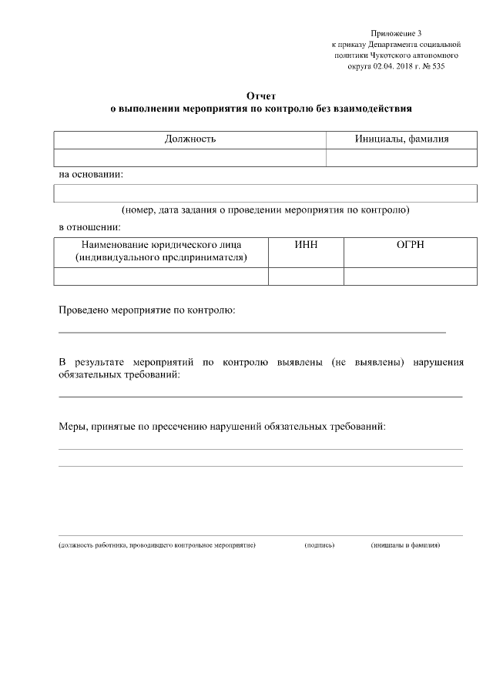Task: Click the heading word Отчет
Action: [x=260, y=96]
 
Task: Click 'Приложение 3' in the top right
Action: [x=396, y=33]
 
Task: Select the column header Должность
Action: [x=189, y=139]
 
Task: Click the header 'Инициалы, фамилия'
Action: [x=401, y=139]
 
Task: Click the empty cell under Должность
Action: [x=189, y=158]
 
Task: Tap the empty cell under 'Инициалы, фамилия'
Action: [x=401, y=158]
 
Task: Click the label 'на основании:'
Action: [x=91, y=175]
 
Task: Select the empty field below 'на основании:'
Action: [x=260, y=193]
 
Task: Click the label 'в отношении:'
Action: [x=89, y=227]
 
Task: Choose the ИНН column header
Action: [x=306, y=245]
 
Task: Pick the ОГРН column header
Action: [x=404, y=245]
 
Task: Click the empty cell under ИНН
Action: [x=306, y=276]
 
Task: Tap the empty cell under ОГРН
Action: [x=404, y=276]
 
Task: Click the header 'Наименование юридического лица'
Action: [x=161, y=245]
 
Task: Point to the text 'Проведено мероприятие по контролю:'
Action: [x=146, y=310]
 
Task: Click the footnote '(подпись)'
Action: [x=320, y=545]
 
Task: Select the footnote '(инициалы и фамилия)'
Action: [x=405, y=545]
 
